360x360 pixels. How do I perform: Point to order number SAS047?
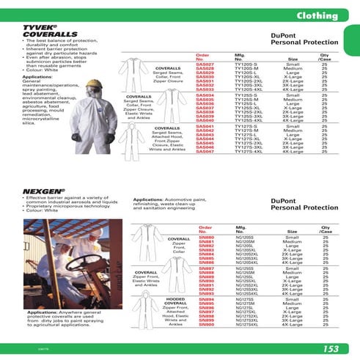click(x=205, y=151)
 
